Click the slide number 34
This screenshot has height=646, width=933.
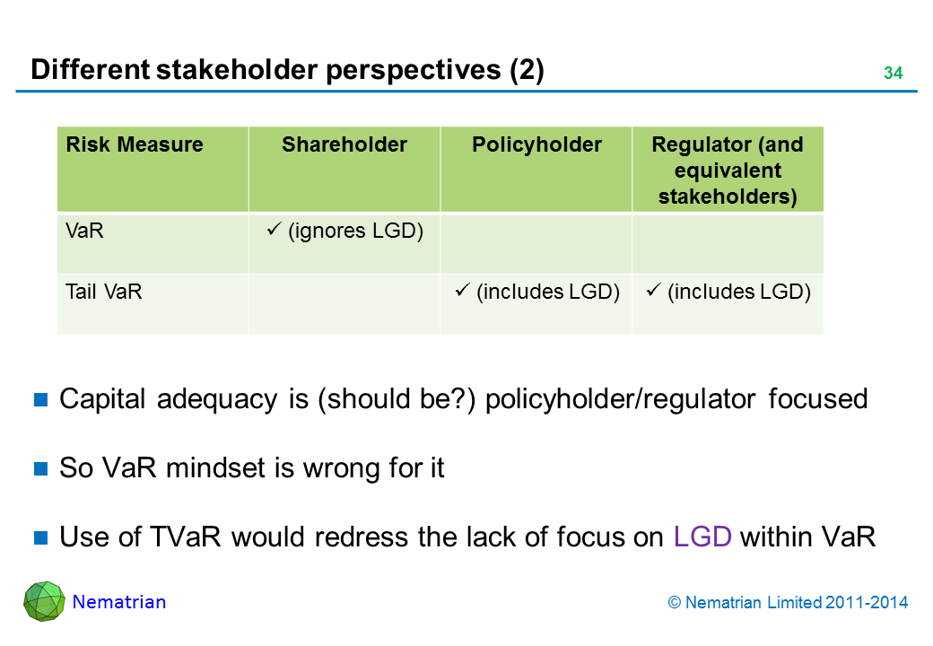point(894,74)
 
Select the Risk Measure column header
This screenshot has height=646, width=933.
point(135,144)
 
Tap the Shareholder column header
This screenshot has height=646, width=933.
point(344,144)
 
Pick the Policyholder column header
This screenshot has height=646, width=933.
point(536,144)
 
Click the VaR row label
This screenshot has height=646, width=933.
point(84,231)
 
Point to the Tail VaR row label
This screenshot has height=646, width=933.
point(103,292)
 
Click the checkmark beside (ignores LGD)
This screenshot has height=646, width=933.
point(274,229)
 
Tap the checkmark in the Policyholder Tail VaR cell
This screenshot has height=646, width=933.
point(462,291)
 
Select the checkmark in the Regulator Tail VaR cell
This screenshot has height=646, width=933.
point(653,291)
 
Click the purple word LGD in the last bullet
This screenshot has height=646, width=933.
point(702,537)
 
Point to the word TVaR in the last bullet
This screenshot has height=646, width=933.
point(185,537)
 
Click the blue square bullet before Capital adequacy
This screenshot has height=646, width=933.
point(40,399)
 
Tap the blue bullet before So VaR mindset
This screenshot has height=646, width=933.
point(40,468)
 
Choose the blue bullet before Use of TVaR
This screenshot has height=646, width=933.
point(40,537)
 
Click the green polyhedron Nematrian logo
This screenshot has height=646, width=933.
point(44,601)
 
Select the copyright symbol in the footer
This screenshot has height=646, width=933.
point(674,603)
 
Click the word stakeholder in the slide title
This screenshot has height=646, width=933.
point(238,70)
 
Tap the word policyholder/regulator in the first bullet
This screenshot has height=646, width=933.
point(621,399)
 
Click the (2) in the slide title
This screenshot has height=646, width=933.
point(527,70)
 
